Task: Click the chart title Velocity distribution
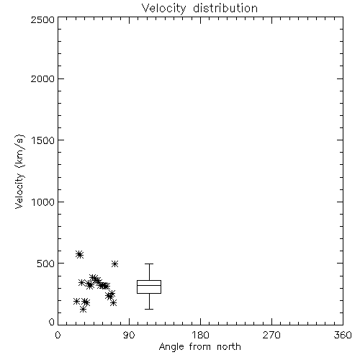pyautogui.click(x=199, y=9)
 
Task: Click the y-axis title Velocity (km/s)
pyautogui.click(x=19, y=172)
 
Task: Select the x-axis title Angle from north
pyautogui.click(x=200, y=347)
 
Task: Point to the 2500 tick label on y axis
pyautogui.click(x=42, y=19)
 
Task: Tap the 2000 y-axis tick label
pyautogui.click(x=42, y=78)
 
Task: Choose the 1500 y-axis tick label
pyautogui.click(x=43, y=140)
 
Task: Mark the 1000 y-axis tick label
pyautogui.click(x=43, y=202)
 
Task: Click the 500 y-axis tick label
pyautogui.click(x=46, y=264)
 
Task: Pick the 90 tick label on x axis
pyautogui.click(x=129, y=335)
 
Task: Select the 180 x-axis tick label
pyautogui.click(x=200, y=335)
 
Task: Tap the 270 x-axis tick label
pyautogui.click(x=271, y=335)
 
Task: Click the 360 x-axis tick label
pyautogui.click(x=343, y=335)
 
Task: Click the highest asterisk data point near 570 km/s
pyautogui.click(x=79, y=254)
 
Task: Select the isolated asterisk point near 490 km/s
pyautogui.click(x=114, y=264)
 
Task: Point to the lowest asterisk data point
pyautogui.click(x=83, y=310)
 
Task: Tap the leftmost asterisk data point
pyautogui.click(x=76, y=301)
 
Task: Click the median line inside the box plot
pyautogui.click(x=149, y=285)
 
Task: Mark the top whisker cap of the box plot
pyautogui.click(x=149, y=264)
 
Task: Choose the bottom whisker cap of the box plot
pyautogui.click(x=149, y=309)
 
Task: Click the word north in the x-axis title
pyautogui.click(x=229, y=347)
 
